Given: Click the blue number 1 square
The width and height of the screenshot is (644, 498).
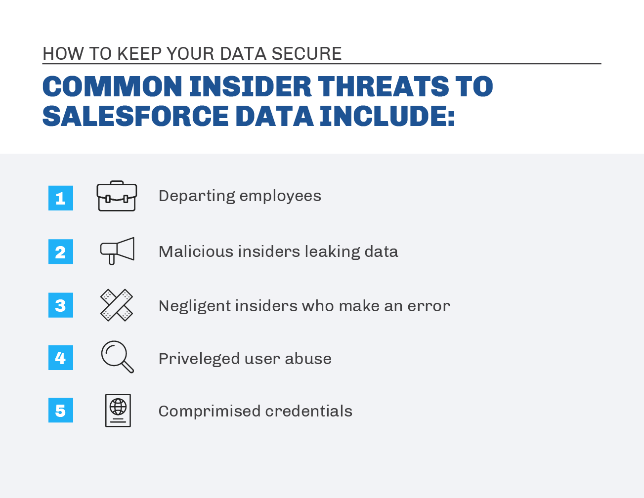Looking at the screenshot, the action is (x=61, y=198).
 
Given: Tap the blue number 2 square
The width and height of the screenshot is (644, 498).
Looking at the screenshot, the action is (x=61, y=251).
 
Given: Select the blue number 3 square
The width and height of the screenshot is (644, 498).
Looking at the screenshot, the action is (x=61, y=305).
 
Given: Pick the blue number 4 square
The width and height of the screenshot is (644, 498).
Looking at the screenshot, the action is (x=61, y=358).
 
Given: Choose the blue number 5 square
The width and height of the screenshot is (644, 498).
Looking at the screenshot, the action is (x=61, y=410).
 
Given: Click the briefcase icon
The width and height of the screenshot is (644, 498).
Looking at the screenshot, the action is (x=117, y=196).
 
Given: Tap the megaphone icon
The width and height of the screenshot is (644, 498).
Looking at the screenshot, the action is (x=117, y=250).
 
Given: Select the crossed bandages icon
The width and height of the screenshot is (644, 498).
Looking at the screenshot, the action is (x=117, y=305).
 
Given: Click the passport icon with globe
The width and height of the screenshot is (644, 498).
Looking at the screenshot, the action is (x=118, y=411).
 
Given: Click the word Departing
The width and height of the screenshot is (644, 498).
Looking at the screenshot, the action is (x=197, y=196).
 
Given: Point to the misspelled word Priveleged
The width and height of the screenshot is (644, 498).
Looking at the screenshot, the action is (x=199, y=359).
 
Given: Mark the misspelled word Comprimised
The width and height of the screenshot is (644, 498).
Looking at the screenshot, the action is (x=209, y=412).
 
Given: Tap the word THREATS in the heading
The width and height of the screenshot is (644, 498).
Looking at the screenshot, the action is (x=384, y=86).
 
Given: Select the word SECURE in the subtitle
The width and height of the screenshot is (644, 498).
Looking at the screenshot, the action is (x=306, y=54).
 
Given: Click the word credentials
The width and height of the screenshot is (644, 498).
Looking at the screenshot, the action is (x=308, y=411).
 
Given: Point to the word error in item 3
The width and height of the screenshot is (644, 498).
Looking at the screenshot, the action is (x=429, y=306).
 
